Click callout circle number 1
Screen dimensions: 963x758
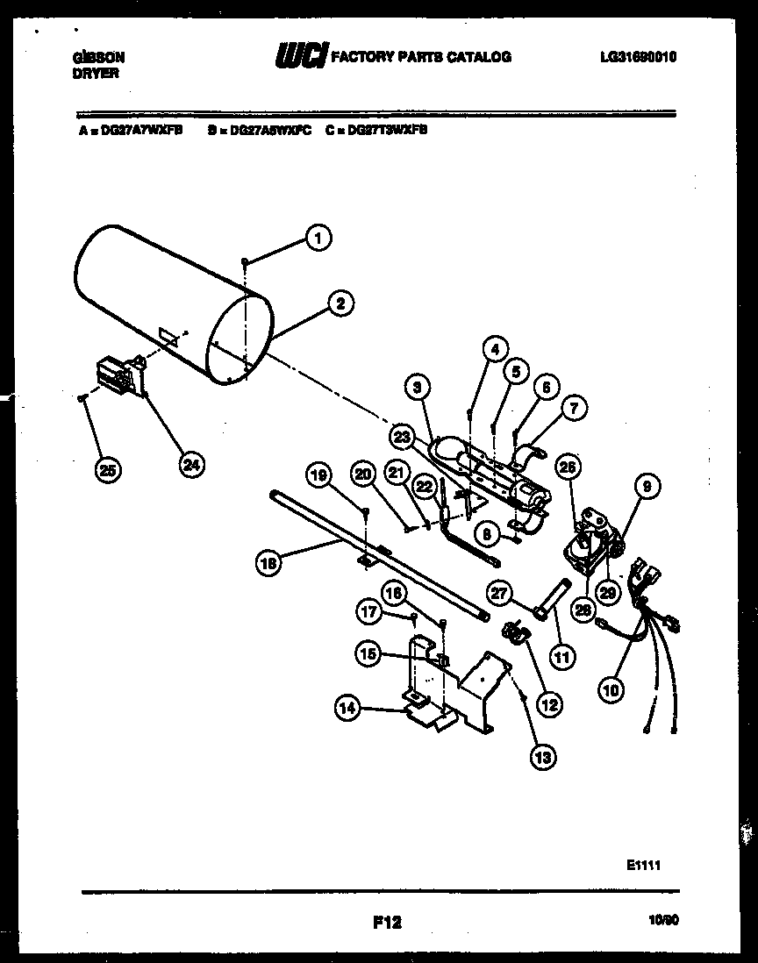(318, 235)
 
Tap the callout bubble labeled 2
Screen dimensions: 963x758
(340, 303)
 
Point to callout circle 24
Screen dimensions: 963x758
(189, 466)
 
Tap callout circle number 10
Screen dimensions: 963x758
(611, 690)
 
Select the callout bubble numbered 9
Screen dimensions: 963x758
(650, 484)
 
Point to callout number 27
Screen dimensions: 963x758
(498, 594)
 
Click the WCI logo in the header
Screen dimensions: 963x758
(302, 57)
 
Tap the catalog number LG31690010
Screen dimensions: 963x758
(639, 57)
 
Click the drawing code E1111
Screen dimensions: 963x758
(643, 864)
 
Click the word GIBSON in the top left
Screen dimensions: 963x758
(97, 57)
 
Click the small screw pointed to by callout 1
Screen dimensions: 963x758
(247, 260)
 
